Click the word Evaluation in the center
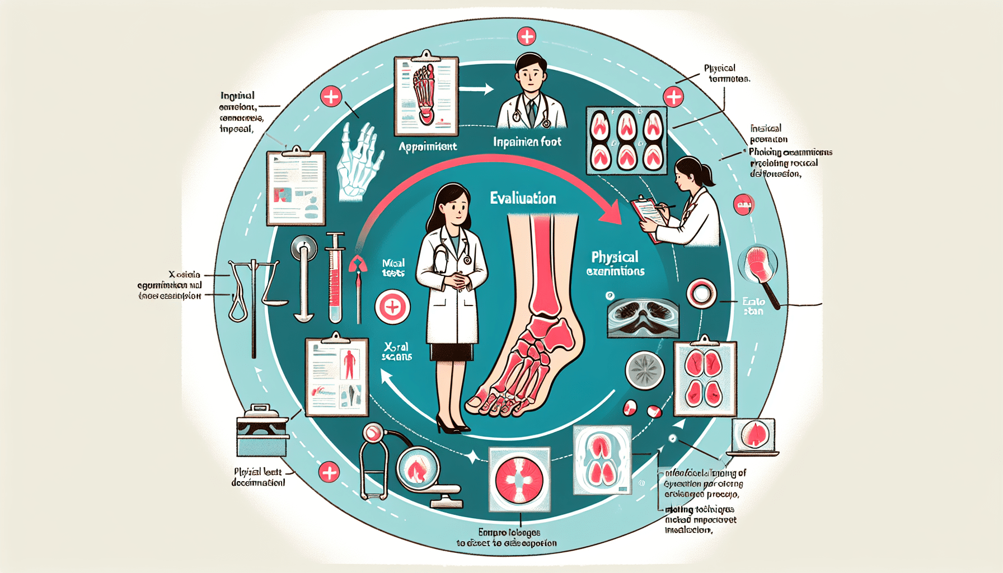coord(523,198)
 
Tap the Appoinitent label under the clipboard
coord(428,147)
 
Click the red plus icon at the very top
coord(526,37)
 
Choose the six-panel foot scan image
coord(626,140)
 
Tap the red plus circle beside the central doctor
coord(392,307)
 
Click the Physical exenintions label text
coord(615,264)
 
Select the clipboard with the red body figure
coord(336,376)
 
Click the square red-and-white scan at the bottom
coord(519,480)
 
